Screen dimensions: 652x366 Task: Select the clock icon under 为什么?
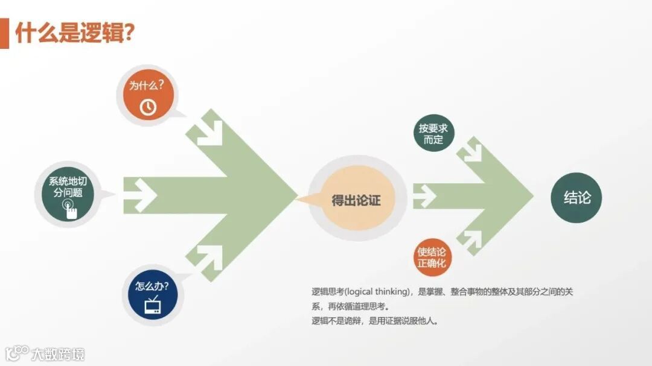click(x=148, y=107)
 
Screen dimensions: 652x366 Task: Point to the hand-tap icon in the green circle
click(x=71, y=208)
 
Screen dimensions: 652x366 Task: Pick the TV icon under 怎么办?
click(x=152, y=305)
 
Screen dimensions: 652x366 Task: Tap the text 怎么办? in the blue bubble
click(x=152, y=285)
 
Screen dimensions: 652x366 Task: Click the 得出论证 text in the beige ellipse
click(x=356, y=200)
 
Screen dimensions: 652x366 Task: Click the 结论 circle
click(x=577, y=198)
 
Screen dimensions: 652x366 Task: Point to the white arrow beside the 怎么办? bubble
click(x=208, y=258)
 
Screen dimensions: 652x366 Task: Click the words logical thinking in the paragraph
click(x=374, y=291)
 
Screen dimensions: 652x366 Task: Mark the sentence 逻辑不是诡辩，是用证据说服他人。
click(x=374, y=321)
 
